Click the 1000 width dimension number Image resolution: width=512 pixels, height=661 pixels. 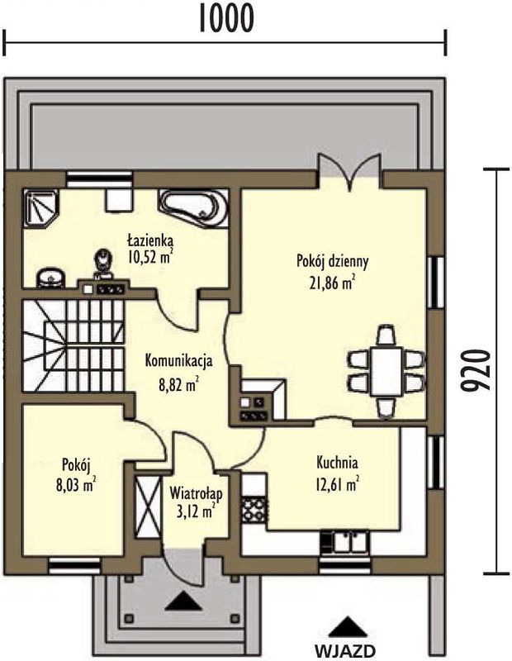(x=226, y=18)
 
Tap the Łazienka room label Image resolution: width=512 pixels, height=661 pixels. (x=150, y=241)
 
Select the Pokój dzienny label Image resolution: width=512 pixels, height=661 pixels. (x=333, y=262)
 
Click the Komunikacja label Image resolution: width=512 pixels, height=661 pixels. (x=178, y=361)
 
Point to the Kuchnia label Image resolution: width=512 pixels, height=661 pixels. (x=337, y=463)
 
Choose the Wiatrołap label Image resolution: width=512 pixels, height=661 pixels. (x=196, y=492)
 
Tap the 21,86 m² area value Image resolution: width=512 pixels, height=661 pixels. (x=332, y=283)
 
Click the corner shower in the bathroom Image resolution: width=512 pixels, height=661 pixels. (x=40, y=208)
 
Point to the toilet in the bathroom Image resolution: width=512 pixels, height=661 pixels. (x=103, y=264)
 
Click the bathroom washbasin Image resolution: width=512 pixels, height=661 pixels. (x=51, y=278)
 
